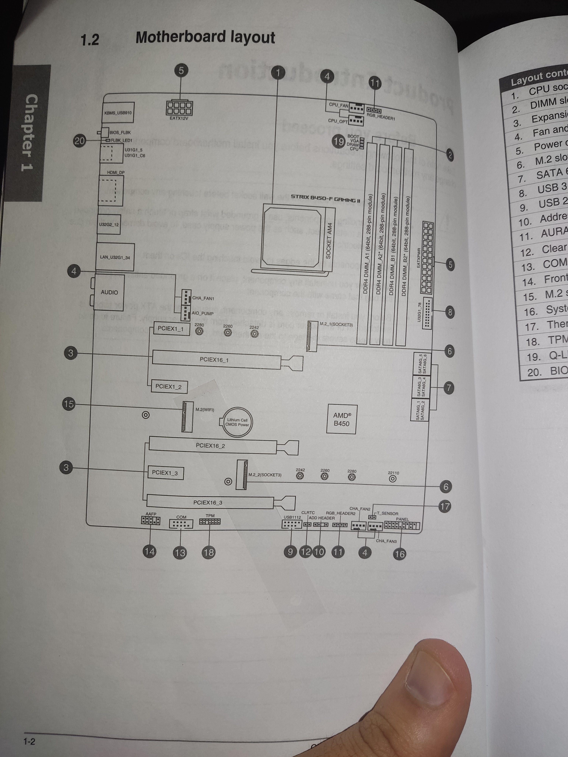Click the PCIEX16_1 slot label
pyautogui.click(x=214, y=360)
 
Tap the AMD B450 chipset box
pyautogui.click(x=342, y=419)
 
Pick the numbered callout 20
pyautogui.click(x=80, y=141)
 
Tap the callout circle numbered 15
pyautogui.click(x=69, y=404)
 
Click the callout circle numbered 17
pyautogui.click(x=445, y=506)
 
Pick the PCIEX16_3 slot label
pyautogui.click(x=208, y=502)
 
